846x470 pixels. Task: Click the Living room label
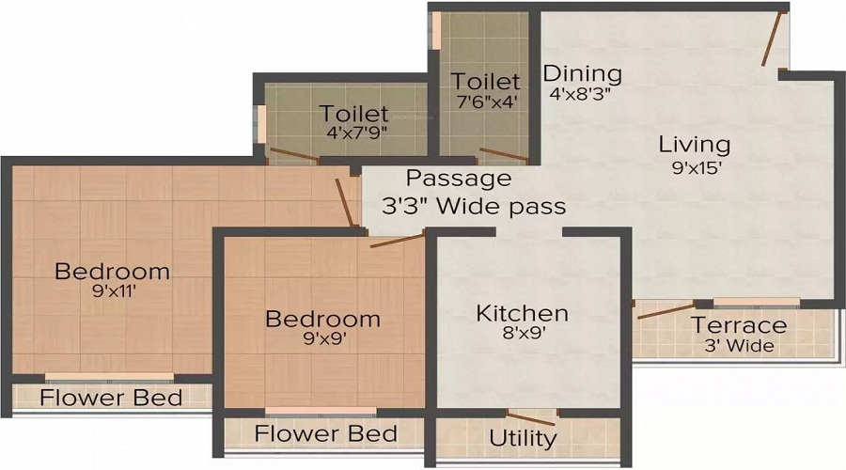coord(695,145)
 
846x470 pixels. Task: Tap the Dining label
coord(582,74)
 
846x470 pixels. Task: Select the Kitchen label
coord(523,314)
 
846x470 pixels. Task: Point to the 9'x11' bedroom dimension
coord(114,292)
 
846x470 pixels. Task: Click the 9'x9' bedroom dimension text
coord(323,338)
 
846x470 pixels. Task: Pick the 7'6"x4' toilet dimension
coord(487,102)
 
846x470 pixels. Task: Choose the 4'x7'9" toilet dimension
coord(356,133)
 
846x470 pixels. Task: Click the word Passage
coord(459,179)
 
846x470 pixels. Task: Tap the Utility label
coord(523,439)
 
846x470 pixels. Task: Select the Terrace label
coord(739,325)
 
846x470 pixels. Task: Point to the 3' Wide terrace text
coord(739,345)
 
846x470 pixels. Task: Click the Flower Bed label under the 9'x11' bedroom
coord(111,398)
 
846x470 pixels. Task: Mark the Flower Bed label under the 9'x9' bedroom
coord(326,434)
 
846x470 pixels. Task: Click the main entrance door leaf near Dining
coord(772,39)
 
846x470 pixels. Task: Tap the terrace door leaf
coord(666,311)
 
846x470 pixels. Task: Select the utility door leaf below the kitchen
coord(531,418)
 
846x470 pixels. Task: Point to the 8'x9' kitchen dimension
coord(524,333)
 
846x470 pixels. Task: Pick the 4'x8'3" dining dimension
coord(580,94)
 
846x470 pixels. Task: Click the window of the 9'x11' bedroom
coord(110,378)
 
